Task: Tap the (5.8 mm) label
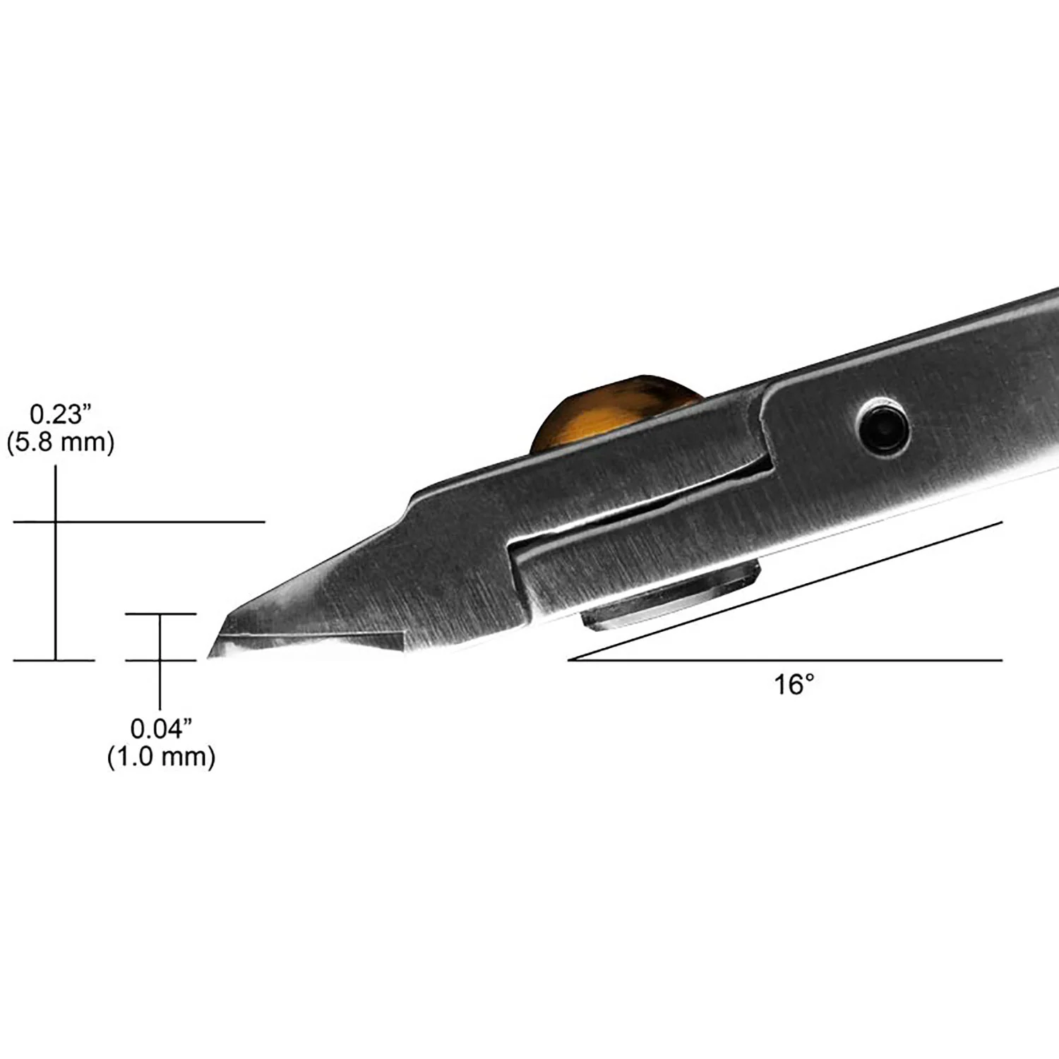[60, 443]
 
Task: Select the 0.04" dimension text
[162, 728]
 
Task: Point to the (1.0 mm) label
[162, 758]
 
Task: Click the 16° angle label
[795, 684]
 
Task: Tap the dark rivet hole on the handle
[882, 426]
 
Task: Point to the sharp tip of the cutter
[208, 658]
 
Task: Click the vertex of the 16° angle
[569, 660]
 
